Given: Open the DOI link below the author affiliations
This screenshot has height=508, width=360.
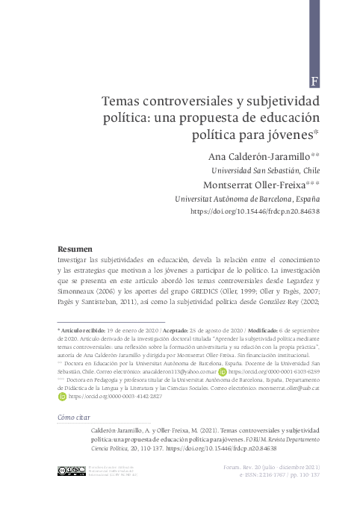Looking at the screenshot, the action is pos(255,212).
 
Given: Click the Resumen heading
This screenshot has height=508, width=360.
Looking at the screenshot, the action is pos(75,248).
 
